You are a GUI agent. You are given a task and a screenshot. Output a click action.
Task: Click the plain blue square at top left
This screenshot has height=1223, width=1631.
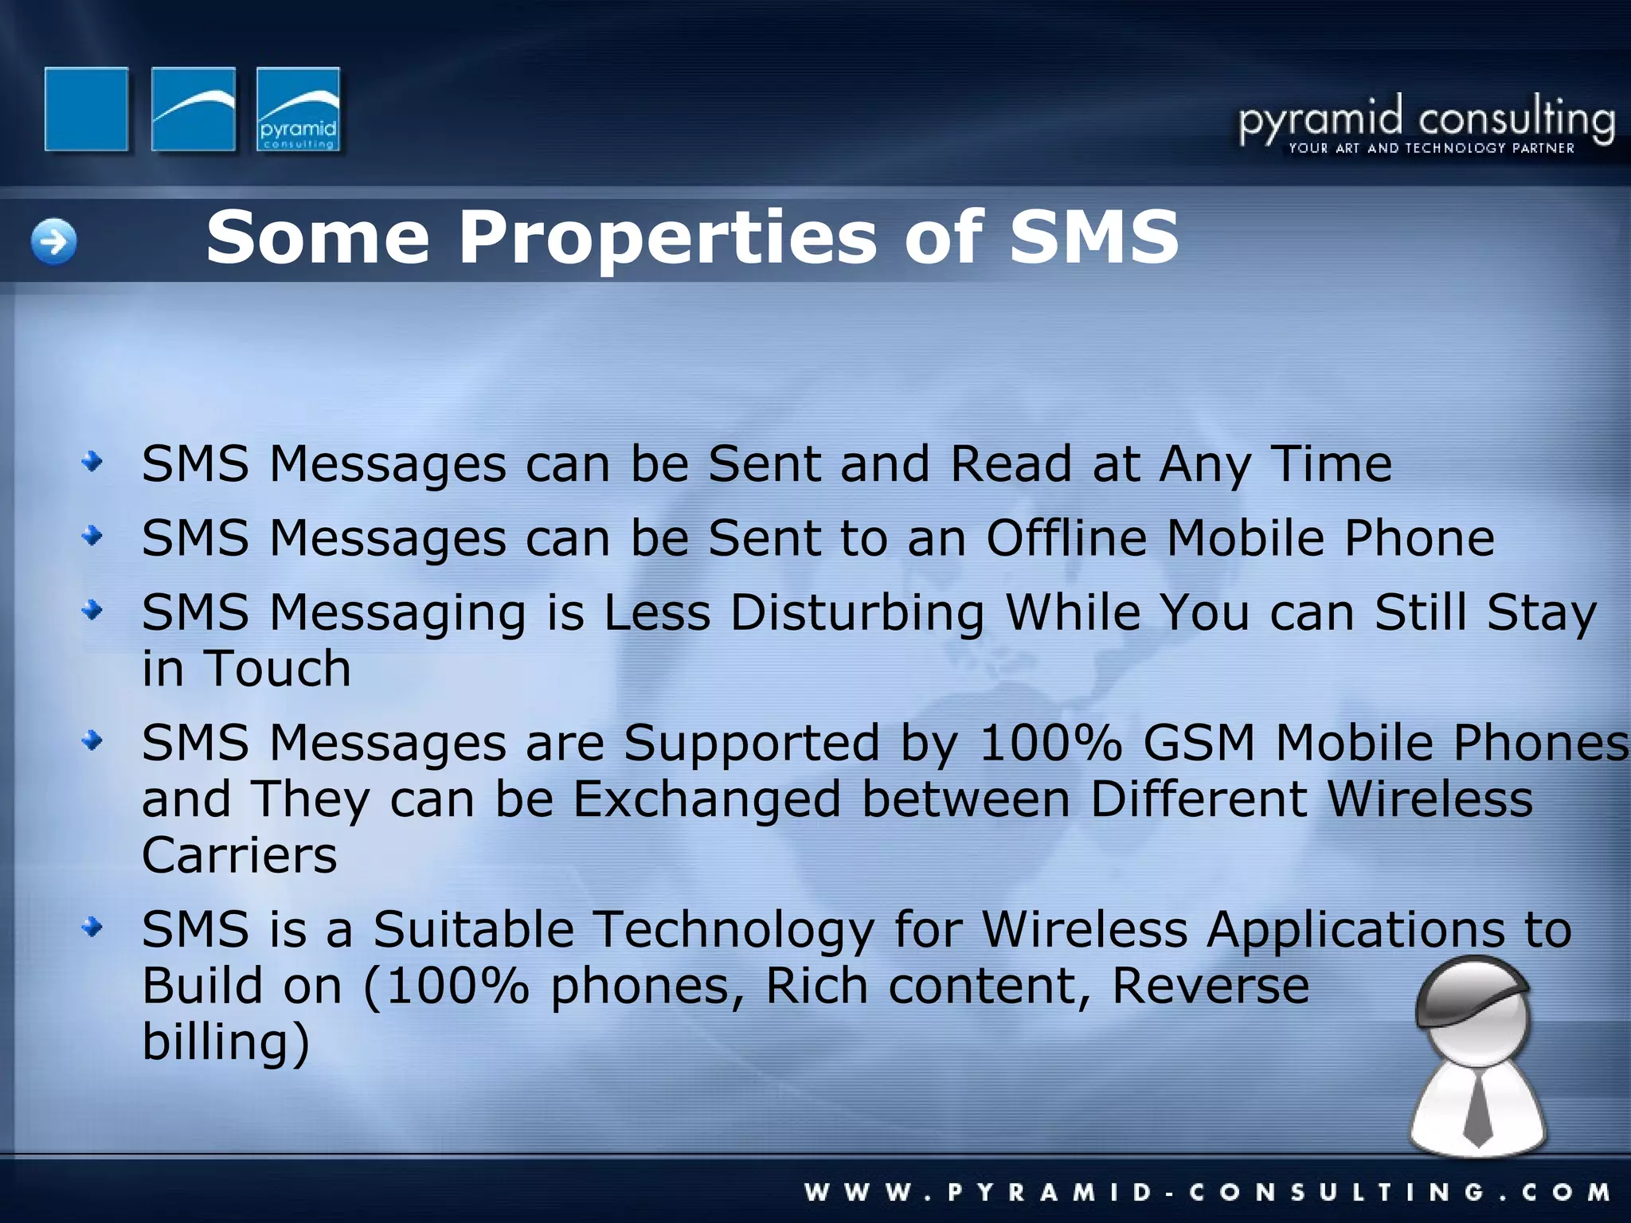[86, 109]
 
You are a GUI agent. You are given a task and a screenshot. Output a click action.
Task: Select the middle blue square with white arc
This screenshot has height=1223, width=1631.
[193, 109]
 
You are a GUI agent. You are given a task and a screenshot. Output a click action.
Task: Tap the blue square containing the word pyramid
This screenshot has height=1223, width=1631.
[299, 109]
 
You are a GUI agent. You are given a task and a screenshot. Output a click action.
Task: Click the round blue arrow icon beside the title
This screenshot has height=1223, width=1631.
[54, 241]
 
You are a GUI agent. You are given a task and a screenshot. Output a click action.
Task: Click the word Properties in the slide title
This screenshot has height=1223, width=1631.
[667, 237]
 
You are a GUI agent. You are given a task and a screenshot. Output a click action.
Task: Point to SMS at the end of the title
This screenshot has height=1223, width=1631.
[1093, 236]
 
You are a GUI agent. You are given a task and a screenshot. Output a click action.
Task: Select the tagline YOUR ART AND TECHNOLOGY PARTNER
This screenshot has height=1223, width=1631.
[1431, 148]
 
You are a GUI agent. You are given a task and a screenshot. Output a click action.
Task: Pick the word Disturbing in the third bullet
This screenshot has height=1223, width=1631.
[857, 613]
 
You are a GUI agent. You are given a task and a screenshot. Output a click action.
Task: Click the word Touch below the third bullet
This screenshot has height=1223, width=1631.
[278, 669]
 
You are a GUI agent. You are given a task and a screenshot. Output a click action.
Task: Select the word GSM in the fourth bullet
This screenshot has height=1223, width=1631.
[1199, 744]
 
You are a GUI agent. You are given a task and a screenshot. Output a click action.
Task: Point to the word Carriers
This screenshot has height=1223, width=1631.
[239, 856]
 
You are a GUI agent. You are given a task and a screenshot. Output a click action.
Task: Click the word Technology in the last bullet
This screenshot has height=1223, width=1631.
[734, 930]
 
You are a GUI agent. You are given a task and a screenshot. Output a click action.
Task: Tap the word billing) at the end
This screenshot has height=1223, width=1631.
[225, 1042]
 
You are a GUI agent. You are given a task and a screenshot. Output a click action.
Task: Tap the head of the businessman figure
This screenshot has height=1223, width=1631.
[1473, 1011]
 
